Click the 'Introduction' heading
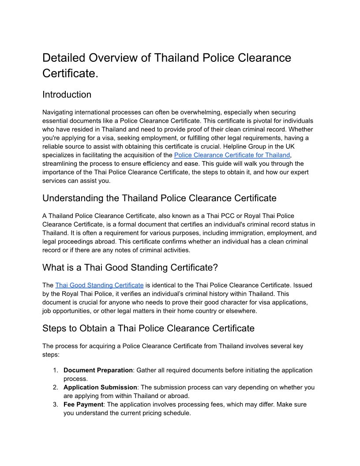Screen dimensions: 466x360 tap(67, 94)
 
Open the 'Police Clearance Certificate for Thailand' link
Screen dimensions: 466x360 tap(232, 155)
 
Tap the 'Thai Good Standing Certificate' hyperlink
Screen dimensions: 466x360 tap(99, 285)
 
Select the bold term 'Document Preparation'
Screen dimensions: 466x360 tap(98, 370)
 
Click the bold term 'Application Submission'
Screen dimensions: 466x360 tap(100, 387)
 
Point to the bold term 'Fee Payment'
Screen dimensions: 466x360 tap(83, 405)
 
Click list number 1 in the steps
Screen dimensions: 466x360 tap(56, 370)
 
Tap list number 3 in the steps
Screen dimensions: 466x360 tap(56, 405)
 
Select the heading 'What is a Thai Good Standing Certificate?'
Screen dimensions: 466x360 tap(130, 267)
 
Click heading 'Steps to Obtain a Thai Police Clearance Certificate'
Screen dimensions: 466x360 tap(148, 328)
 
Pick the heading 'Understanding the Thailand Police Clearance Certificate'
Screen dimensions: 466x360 tap(159, 198)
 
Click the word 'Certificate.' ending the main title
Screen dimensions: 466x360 tap(70, 73)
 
